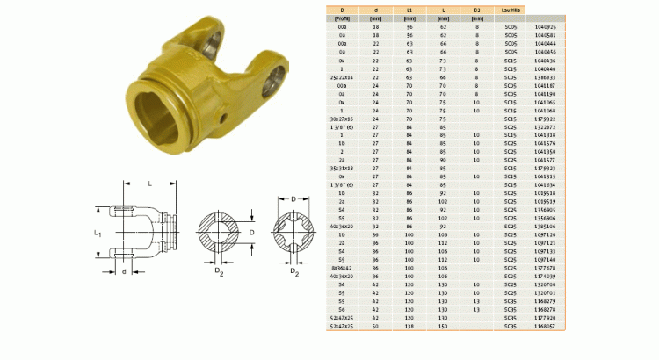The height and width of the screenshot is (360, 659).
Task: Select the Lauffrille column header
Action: click(510, 11)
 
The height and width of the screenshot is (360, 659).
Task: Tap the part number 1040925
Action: click(545, 27)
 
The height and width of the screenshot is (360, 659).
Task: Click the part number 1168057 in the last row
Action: click(545, 325)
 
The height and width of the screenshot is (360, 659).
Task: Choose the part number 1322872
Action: click(545, 126)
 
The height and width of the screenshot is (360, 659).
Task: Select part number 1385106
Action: click(545, 227)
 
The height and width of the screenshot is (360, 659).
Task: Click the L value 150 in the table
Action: click(443, 325)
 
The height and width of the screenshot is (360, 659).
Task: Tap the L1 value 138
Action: click(409, 325)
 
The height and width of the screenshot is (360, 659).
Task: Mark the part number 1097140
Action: click(545, 260)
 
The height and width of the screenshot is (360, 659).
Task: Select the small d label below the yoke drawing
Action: click(123, 272)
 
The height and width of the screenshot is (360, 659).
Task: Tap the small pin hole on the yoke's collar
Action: click(226, 118)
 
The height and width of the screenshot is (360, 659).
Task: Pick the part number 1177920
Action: click(545, 317)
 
